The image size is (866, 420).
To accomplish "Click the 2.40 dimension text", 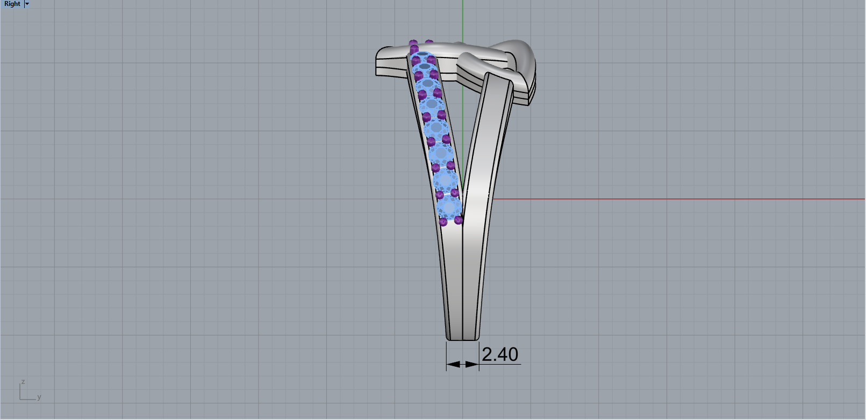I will pyautogui.click(x=499, y=354).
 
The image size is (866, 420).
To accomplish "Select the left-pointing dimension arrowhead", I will pyautogui.click(x=453, y=364).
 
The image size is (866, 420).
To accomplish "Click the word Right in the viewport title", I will pyautogui.click(x=12, y=4).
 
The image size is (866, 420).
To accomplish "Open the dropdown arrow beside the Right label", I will pyautogui.click(x=27, y=4).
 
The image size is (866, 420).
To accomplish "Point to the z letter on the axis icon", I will pyautogui.click(x=23, y=382).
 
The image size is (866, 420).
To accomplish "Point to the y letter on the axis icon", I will pyautogui.click(x=39, y=397).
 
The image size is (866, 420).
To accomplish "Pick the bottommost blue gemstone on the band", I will pyautogui.click(x=449, y=207).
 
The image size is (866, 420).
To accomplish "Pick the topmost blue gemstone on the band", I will pyautogui.click(x=423, y=60).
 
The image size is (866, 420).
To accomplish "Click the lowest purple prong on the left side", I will pyautogui.click(x=443, y=222).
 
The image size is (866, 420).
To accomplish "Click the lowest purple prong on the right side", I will pyautogui.click(x=459, y=219).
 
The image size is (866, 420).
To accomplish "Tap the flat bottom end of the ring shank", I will pyautogui.click(x=462, y=339).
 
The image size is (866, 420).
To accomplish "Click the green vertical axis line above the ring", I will pyautogui.click(x=463, y=22).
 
